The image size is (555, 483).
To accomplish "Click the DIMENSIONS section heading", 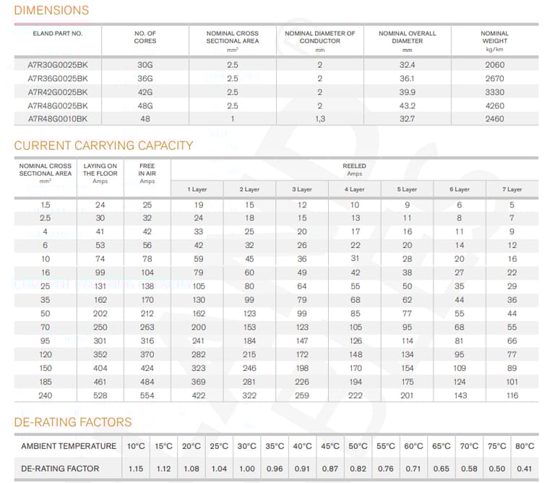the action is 51,10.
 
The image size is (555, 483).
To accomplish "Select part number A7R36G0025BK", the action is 57,79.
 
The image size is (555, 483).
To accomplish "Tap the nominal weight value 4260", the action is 494,106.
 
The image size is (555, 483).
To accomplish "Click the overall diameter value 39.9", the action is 407,92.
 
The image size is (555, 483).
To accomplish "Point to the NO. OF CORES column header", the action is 145,37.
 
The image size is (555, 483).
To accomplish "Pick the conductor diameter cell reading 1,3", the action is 320,119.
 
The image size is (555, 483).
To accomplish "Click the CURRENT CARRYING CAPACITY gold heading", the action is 103,145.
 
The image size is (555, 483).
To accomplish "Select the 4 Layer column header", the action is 354,189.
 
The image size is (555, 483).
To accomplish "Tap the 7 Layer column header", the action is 512,189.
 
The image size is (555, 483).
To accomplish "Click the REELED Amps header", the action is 354,170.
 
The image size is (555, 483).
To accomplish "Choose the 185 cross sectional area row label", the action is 46,382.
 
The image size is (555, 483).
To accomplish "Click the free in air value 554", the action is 147,396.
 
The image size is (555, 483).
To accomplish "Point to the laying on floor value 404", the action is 100,368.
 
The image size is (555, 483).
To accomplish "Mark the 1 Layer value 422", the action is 198,396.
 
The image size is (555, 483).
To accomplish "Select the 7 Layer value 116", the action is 512,396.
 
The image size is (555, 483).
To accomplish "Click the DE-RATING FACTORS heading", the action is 72,422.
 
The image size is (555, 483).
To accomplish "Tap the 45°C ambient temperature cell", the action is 330,446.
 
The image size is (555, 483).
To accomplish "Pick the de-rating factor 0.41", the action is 524,469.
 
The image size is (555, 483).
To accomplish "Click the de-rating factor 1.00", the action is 246,469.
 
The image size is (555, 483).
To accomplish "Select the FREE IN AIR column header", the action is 147,173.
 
